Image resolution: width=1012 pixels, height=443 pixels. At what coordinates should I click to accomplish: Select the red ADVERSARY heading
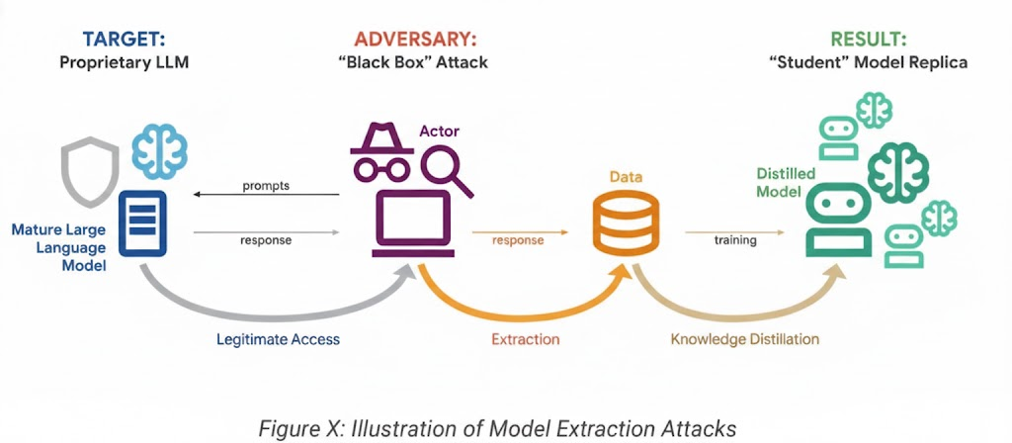pos(415,40)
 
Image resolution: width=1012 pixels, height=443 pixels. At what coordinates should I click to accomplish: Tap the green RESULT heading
pos(868,40)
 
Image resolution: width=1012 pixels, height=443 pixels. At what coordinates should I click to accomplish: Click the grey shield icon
pos(86,169)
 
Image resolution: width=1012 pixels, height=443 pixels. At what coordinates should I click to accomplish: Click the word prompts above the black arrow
pos(266,186)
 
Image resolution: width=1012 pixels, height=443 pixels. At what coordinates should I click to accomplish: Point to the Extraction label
pos(525,339)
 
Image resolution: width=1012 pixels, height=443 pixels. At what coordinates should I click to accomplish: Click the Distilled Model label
pos(786,182)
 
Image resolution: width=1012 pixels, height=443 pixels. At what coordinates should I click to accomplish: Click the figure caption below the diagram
pos(498,428)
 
